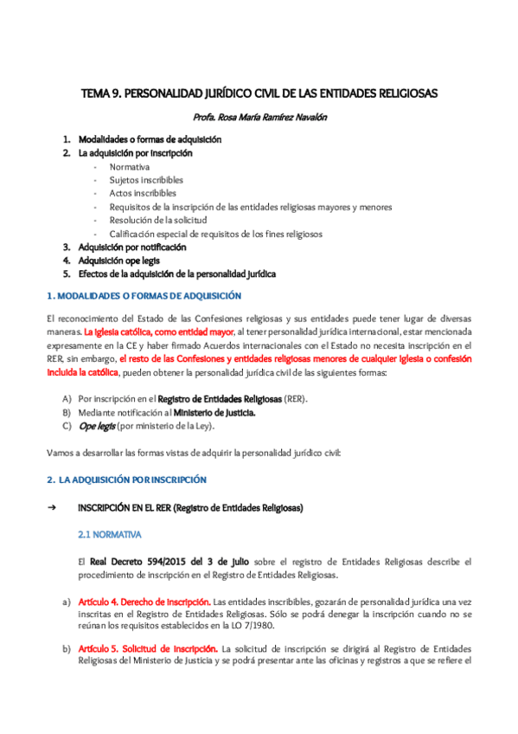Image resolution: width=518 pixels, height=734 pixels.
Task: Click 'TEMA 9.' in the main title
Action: tap(102, 93)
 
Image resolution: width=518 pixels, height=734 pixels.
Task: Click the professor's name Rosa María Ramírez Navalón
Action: tap(259, 117)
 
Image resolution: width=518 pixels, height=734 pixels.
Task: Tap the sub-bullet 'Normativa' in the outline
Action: tap(129, 166)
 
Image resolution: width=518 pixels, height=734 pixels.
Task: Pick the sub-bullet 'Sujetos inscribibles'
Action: tap(146, 180)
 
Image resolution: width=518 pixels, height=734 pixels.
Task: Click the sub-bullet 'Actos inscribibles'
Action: tap(142, 193)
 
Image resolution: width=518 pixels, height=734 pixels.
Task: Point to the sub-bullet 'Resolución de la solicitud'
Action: tap(158, 220)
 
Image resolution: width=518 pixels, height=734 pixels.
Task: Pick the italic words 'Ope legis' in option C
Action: tap(95, 426)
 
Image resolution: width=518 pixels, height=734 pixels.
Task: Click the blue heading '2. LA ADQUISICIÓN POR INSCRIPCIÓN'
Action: tap(126, 480)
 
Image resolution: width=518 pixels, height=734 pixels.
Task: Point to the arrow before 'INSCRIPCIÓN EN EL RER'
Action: tap(51, 507)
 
